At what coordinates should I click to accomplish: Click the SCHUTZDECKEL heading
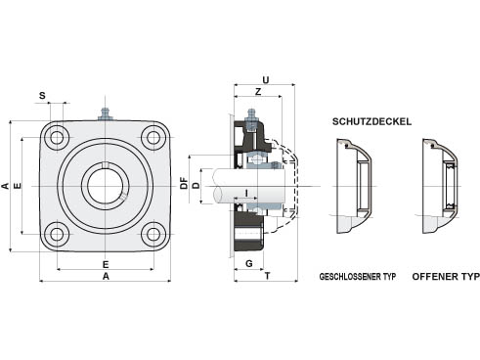click(371, 121)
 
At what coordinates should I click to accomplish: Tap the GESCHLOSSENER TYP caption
click(358, 277)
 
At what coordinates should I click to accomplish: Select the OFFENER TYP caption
click(446, 277)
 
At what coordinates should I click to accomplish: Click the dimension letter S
click(42, 96)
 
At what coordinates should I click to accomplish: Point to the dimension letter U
click(266, 80)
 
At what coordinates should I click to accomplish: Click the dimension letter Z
click(258, 92)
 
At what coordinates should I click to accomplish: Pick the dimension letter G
click(249, 263)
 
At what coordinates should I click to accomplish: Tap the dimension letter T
click(267, 276)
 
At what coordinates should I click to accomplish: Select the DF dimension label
click(185, 183)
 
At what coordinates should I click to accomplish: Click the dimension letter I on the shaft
click(246, 193)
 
